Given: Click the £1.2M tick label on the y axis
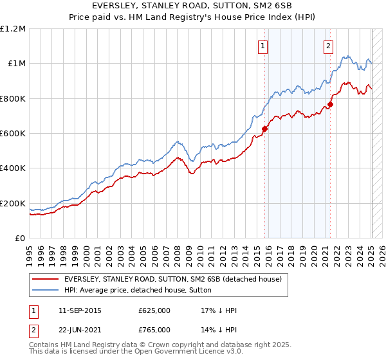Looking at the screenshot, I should (x=13, y=29).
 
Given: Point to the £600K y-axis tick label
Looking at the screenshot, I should (x=13, y=134).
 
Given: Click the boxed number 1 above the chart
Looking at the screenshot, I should (x=264, y=46).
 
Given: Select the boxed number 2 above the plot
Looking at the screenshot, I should (x=328, y=46).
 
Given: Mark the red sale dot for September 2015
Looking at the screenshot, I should (x=265, y=129).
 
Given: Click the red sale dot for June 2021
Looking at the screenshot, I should (x=330, y=104).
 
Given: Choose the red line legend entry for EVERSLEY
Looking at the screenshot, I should (x=172, y=280).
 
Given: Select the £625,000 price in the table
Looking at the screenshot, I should (x=154, y=310).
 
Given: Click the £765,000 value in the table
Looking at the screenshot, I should (x=154, y=330).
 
